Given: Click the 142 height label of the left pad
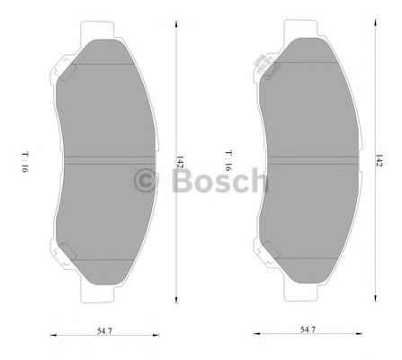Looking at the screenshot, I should click(180, 165).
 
